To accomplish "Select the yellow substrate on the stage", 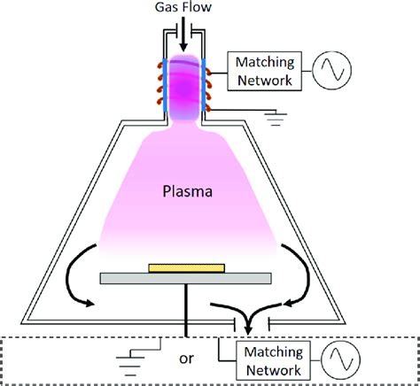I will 191,266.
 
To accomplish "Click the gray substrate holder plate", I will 191,278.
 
